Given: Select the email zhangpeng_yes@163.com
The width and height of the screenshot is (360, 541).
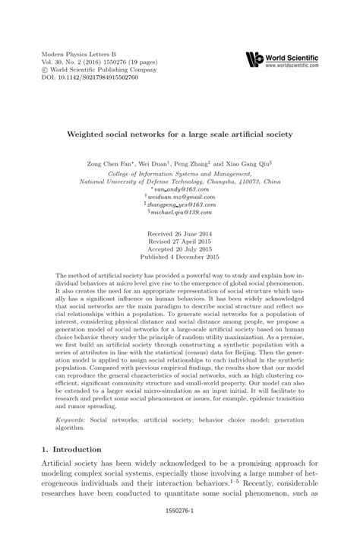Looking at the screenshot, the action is (x=180, y=205).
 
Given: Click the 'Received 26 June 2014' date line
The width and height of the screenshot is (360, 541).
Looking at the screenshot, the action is (x=180, y=236).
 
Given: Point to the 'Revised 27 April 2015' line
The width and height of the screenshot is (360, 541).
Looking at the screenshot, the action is (x=180, y=245).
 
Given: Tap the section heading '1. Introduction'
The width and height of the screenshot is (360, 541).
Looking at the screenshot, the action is (x=72, y=451).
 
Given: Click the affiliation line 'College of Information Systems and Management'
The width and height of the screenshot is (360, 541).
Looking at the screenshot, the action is (x=180, y=172).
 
